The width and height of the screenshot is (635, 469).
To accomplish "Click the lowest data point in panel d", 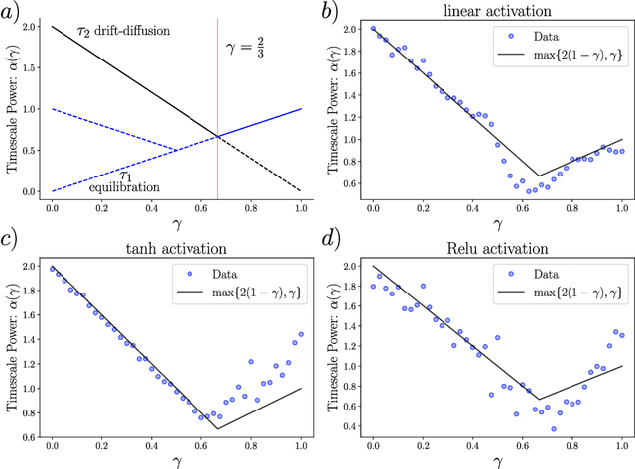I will click(x=553, y=428).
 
